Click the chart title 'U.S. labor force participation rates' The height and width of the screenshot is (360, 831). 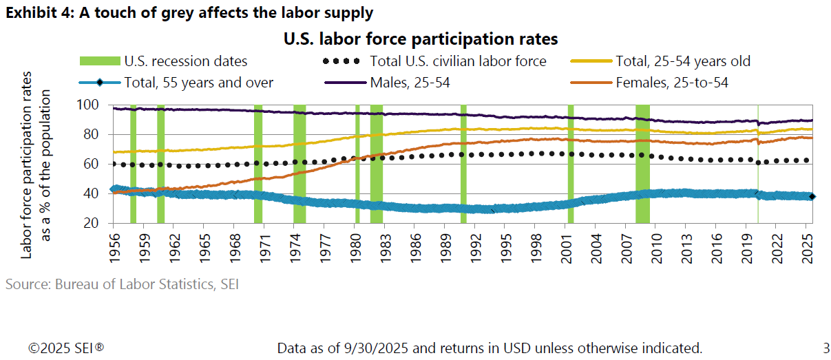[x=420, y=39]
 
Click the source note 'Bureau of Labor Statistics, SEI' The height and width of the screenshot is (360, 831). [x=122, y=284]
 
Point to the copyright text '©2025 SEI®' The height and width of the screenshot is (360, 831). [x=66, y=348]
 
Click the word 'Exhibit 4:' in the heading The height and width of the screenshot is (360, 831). [x=39, y=13]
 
